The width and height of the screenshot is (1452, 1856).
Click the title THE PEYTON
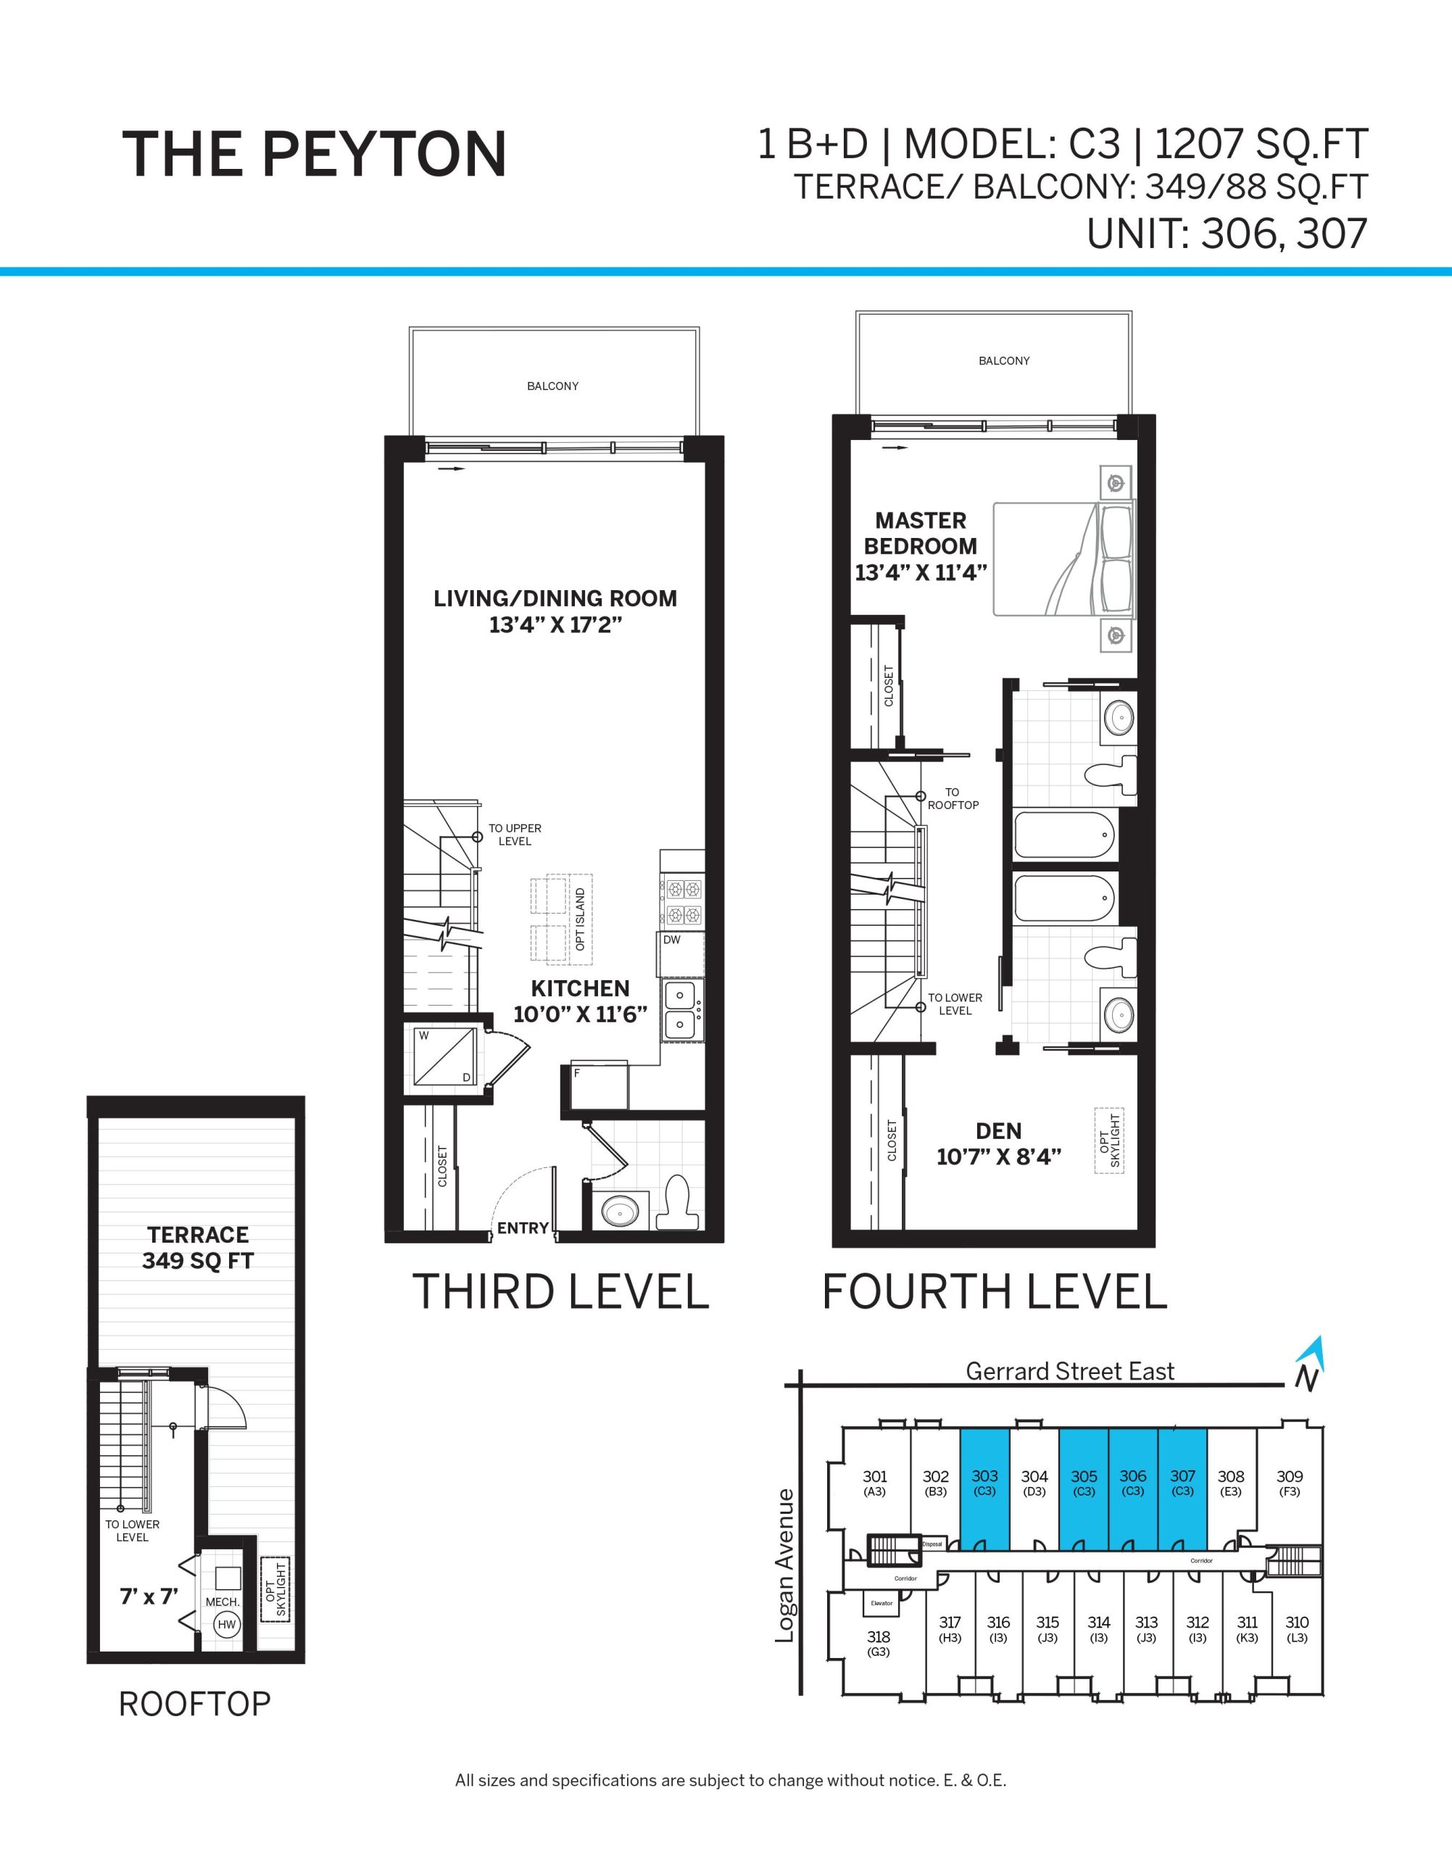click(x=315, y=154)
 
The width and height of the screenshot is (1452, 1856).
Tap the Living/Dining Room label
click(x=555, y=599)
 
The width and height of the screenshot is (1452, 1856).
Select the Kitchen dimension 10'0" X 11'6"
click(x=581, y=1014)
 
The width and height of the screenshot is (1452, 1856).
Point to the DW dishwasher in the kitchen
click(x=681, y=953)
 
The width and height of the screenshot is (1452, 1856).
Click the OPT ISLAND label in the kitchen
click(x=581, y=919)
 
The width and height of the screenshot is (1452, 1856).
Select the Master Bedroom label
click(x=921, y=533)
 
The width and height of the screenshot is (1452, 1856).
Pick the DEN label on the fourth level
click(x=999, y=1131)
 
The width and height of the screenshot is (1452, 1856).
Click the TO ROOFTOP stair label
click(x=953, y=798)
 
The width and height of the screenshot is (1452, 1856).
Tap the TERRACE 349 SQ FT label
click(x=198, y=1247)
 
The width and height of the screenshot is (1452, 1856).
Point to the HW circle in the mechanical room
click(x=226, y=1625)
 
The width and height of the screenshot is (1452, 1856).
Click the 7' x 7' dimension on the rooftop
click(x=149, y=1596)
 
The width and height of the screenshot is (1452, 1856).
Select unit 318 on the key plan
click(x=878, y=1644)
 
